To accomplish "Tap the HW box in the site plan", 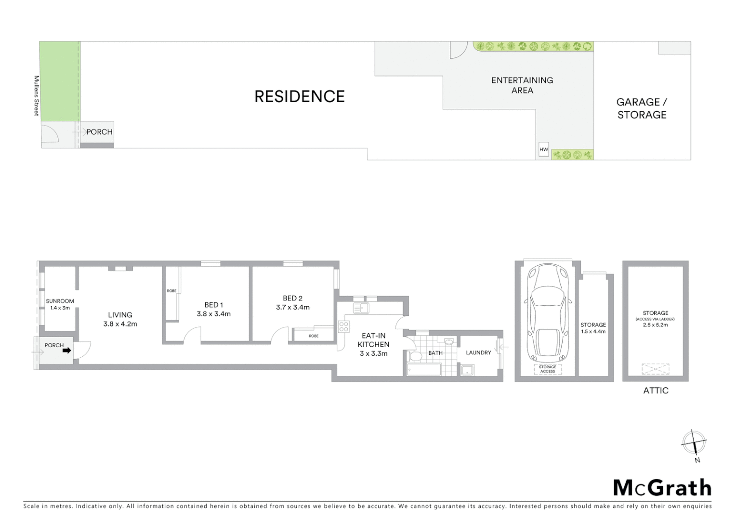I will pyautogui.click(x=543, y=150).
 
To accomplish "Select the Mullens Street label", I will pyautogui.click(x=36, y=95).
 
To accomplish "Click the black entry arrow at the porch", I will pyautogui.click(x=66, y=351).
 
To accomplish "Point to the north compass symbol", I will pyautogui.click(x=694, y=442).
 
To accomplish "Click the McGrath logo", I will pyautogui.click(x=662, y=488).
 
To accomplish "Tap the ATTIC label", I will pyautogui.click(x=656, y=390).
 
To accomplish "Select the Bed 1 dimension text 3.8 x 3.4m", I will pyautogui.click(x=213, y=314).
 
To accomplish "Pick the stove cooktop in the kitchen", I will pyautogui.click(x=343, y=327).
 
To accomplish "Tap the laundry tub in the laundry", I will pyautogui.click(x=467, y=370).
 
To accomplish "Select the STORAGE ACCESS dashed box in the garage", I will pyautogui.click(x=548, y=369).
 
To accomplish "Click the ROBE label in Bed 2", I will pyautogui.click(x=314, y=336).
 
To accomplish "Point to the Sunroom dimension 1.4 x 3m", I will pyautogui.click(x=60, y=308).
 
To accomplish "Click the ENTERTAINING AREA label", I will pyautogui.click(x=522, y=85).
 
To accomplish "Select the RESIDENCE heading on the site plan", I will pyautogui.click(x=299, y=96).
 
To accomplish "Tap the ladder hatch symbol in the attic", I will pyautogui.click(x=655, y=369).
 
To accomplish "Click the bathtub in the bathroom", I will pyautogui.click(x=424, y=370).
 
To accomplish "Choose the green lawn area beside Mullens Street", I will pyautogui.click(x=60, y=81).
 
